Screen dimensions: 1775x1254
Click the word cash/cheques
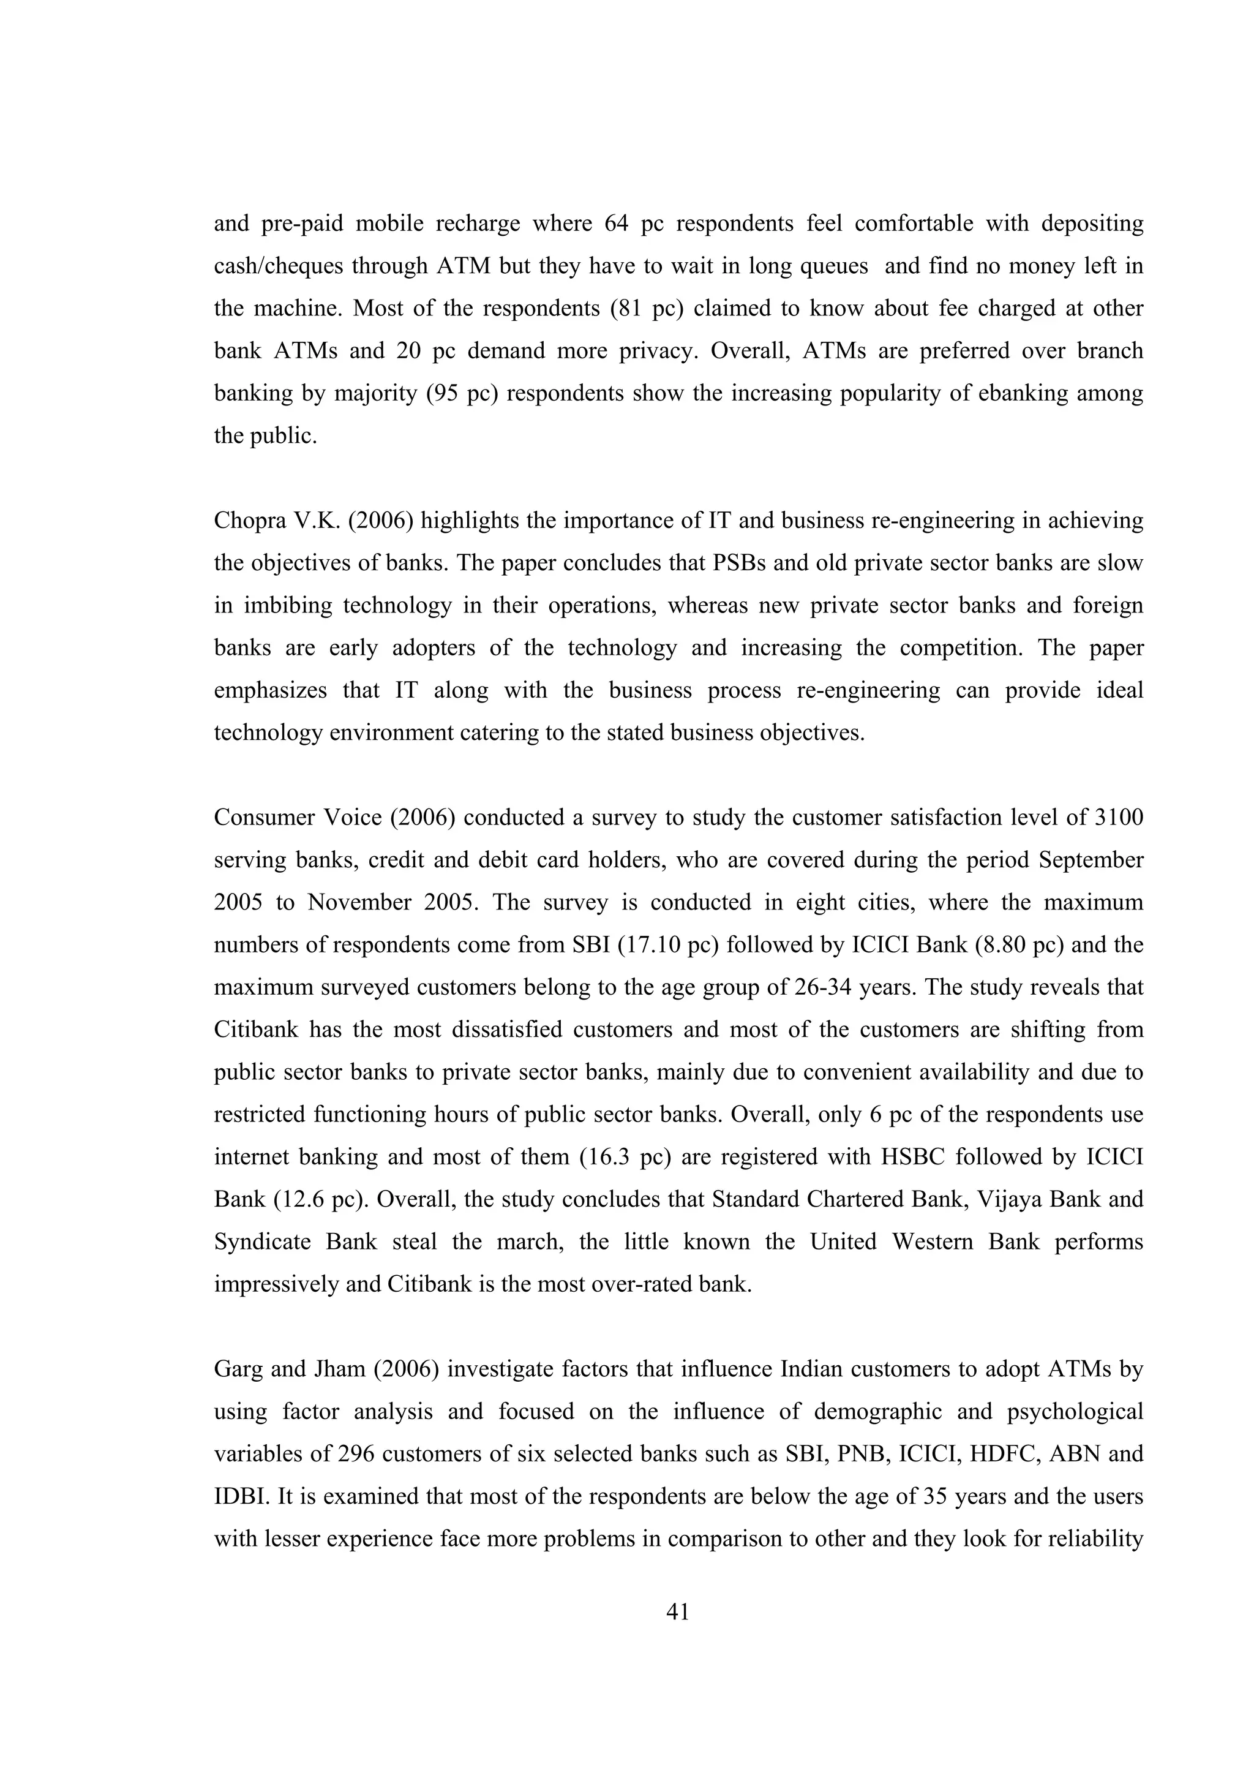[x=279, y=266]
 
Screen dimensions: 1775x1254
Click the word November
[x=359, y=903]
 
